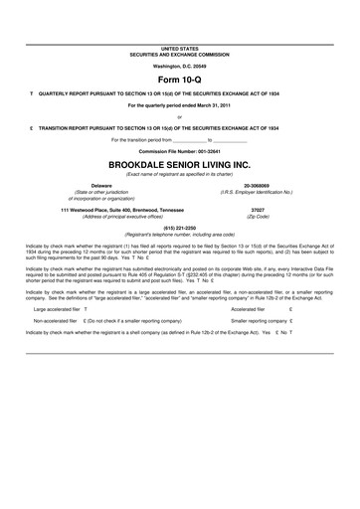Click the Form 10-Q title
tap(180, 78)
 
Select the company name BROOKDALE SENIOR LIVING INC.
tap(180, 165)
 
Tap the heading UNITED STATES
tap(180, 48)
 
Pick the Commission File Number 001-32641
tap(180, 150)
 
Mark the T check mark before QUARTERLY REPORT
tap(32, 92)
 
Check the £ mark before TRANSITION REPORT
tap(32, 128)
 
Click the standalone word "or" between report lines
tap(180, 116)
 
